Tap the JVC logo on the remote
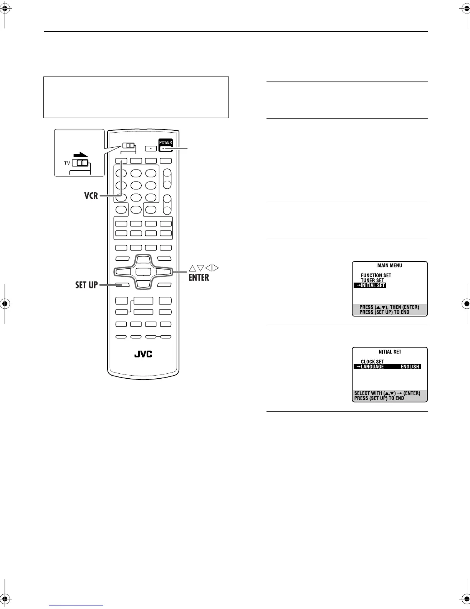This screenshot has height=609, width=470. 143,354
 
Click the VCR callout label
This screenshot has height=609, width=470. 91,196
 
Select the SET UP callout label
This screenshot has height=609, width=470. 86,285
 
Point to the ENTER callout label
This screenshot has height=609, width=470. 199,277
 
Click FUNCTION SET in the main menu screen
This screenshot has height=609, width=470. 376,275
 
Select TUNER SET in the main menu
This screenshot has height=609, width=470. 372,280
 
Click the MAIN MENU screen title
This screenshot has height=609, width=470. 389,265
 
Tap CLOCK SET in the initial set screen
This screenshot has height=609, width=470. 372,361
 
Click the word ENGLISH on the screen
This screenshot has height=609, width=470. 410,367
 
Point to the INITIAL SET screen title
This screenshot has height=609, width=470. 389,352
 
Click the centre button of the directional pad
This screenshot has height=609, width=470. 143,271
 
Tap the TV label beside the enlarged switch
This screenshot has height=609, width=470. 67,163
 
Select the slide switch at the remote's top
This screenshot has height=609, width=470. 128,146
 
